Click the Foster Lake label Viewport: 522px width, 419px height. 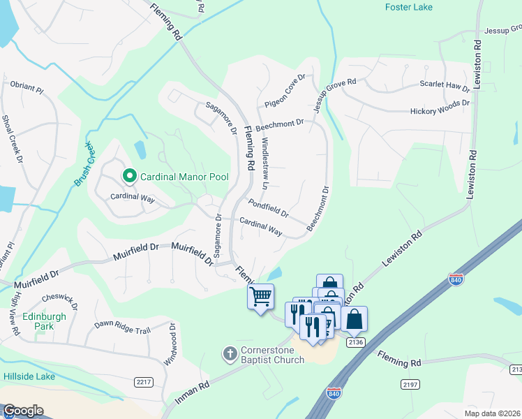tap(408, 7)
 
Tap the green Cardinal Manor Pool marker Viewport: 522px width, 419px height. tap(128, 177)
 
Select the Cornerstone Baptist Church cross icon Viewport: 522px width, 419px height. tap(230, 354)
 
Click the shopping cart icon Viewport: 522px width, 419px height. tap(260, 296)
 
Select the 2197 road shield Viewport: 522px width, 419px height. tap(410, 385)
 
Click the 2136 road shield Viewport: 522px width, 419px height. tap(355, 341)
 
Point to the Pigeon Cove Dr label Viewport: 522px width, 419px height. tap(285, 91)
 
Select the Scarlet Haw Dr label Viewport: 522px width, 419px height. tap(445, 85)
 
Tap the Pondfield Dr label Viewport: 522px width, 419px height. tap(268, 207)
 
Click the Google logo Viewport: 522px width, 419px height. tap(23, 411)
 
